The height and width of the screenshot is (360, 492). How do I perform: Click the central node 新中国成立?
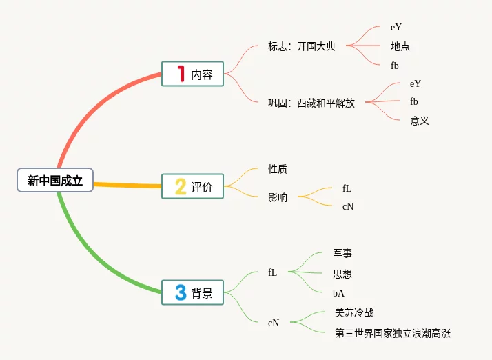click(x=55, y=181)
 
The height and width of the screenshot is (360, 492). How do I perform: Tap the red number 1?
click(x=181, y=74)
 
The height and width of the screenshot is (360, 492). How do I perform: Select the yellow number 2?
click(x=181, y=186)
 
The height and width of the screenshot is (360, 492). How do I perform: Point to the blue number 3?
click(x=181, y=292)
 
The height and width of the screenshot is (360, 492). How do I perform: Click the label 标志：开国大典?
click(x=302, y=47)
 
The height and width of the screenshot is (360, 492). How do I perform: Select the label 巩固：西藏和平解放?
click(x=311, y=103)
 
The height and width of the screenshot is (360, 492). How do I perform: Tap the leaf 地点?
click(x=400, y=47)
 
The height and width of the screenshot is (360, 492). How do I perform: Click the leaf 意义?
click(x=420, y=121)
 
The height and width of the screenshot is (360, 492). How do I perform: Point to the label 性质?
click(x=278, y=169)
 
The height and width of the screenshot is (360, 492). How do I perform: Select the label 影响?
click(x=278, y=197)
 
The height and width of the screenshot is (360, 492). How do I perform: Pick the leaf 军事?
click(x=342, y=254)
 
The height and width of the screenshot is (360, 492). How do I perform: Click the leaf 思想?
click(x=342, y=274)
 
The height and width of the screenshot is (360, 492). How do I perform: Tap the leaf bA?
click(x=338, y=293)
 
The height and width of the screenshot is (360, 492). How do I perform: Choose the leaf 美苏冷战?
click(x=354, y=313)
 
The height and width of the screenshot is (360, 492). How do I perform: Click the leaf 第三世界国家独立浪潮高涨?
click(x=393, y=334)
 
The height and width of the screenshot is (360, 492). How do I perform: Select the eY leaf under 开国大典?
click(x=396, y=28)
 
